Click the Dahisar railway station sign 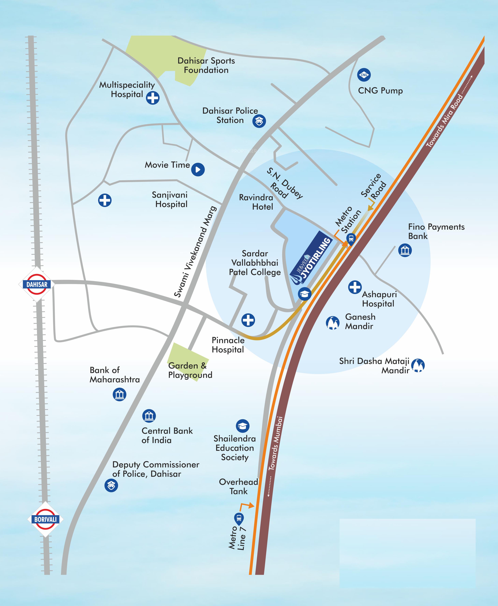pos(37,284)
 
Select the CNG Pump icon pos(364,75)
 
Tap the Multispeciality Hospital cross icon pos(153,98)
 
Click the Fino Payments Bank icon pos(405,250)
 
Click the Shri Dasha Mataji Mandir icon pos(418,366)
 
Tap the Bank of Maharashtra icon pos(119,394)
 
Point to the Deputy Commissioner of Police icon pos(111,486)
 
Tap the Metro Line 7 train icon pos(239,518)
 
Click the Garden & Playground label pos(190,370)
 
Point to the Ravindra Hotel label pos(256,202)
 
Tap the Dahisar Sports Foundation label pos(206,65)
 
